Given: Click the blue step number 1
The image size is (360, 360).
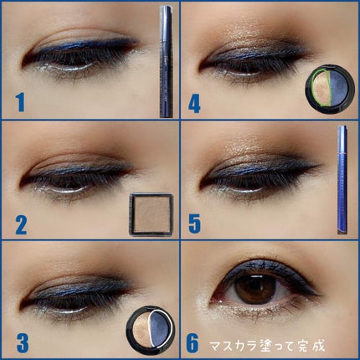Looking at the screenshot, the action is (20, 102).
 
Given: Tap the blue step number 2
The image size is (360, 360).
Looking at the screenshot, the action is (21, 225).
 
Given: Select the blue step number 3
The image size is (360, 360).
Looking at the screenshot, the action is (23, 342).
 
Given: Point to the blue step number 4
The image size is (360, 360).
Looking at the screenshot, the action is (194, 103).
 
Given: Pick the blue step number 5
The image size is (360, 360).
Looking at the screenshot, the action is (195, 225).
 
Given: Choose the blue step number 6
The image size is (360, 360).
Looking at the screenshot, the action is (193, 344).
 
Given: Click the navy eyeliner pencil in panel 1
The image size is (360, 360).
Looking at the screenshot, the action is (167, 61).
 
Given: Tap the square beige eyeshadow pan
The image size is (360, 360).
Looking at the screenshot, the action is (152, 214).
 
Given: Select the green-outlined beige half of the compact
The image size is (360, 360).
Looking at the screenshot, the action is (321, 87).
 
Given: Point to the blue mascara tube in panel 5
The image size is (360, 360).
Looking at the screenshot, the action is (342, 180).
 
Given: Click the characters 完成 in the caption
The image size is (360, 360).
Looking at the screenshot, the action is (313, 346).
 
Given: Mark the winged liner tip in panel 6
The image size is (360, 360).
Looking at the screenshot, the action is (321, 295).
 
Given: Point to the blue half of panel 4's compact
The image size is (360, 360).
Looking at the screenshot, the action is (342, 87).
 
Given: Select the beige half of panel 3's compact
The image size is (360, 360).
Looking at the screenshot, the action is (141, 327).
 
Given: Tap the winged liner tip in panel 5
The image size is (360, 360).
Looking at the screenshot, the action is (321, 166).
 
